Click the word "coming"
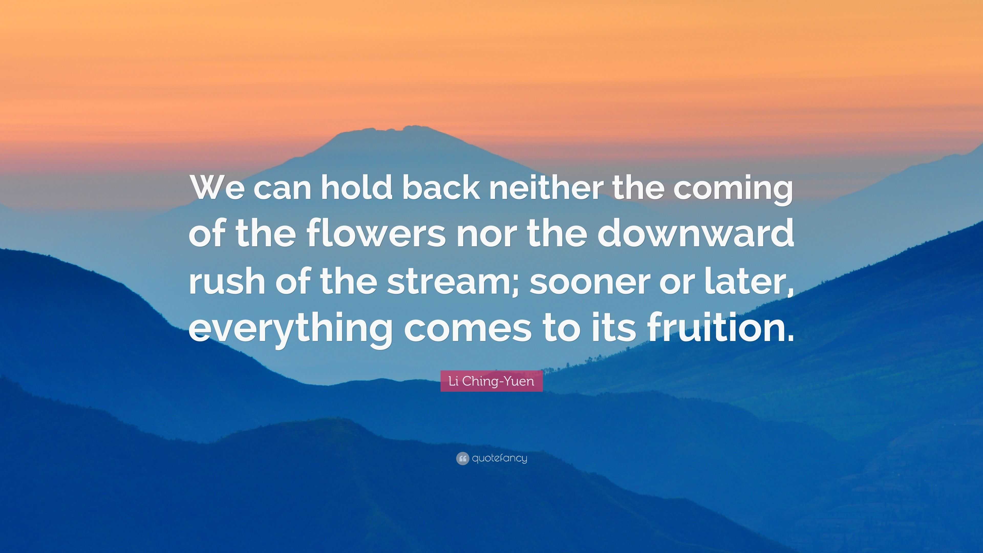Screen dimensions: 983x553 tap(733, 191)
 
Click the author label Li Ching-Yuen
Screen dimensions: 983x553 tap(491, 381)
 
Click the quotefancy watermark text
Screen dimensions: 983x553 tap(499, 458)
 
